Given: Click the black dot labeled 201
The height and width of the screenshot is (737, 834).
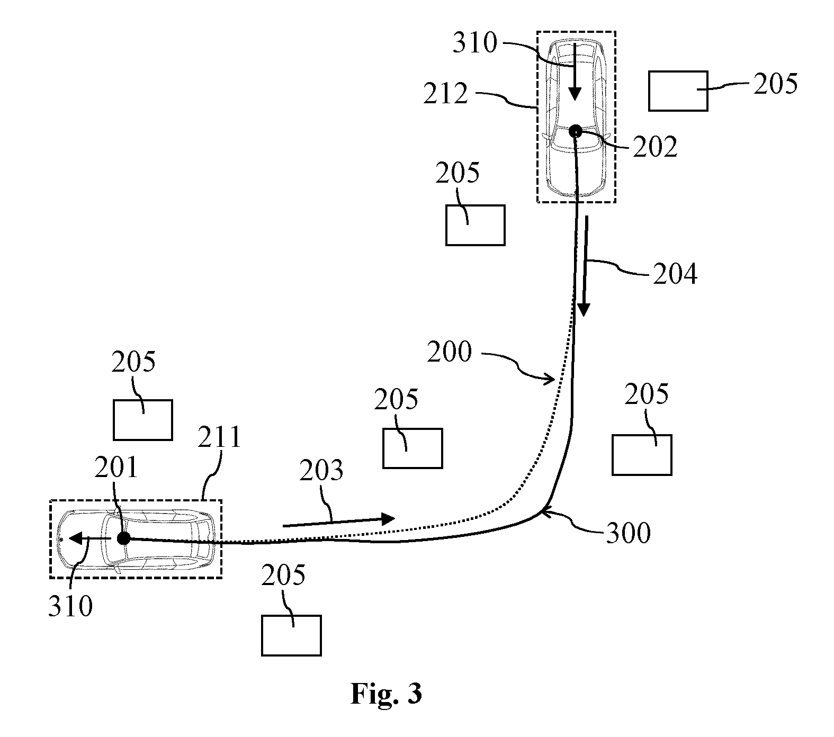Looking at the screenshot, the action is (x=123, y=538).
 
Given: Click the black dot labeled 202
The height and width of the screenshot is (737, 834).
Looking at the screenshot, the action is (x=575, y=131).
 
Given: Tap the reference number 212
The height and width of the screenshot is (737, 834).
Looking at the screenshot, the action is (x=446, y=94).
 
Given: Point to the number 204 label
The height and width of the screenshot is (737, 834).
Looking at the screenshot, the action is (x=675, y=275).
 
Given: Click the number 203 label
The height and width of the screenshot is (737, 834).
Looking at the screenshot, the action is (x=321, y=471).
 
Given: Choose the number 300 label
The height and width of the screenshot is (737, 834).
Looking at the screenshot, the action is (x=629, y=533).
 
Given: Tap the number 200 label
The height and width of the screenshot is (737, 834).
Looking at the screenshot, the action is (x=449, y=352).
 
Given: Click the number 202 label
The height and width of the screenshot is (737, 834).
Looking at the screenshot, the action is (x=655, y=147).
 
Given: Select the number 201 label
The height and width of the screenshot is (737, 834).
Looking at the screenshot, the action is (x=116, y=468).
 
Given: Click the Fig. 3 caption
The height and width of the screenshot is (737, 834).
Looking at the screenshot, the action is (x=386, y=694).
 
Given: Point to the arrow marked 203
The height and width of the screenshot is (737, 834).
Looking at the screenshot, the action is (x=339, y=522).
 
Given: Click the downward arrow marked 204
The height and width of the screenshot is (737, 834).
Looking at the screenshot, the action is (x=585, y=266).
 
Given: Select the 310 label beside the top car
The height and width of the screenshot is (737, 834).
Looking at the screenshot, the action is (x=475, y=43).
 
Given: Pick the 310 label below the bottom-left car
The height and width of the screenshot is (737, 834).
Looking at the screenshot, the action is (x=70, y=606).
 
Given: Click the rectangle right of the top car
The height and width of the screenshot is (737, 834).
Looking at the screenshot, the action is (x=678, y=91).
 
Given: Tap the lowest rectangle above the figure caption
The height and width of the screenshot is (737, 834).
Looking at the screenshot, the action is (x=291, y=635).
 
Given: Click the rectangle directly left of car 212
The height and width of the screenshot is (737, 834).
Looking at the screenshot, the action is (x=475, y=226).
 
